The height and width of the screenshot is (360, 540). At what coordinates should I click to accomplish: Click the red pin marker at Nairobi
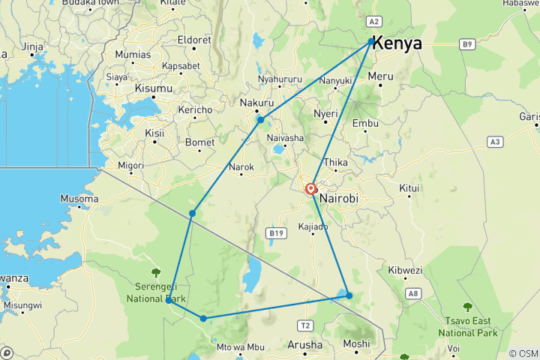tap(310, 189)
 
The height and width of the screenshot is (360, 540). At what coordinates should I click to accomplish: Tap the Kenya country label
tap(397, 43)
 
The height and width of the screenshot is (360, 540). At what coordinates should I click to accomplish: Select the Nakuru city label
tap(256, 103)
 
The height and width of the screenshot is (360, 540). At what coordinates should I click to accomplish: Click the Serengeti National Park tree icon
tap(156, 272)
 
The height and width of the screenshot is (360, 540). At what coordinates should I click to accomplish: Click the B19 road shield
tap(274, 233)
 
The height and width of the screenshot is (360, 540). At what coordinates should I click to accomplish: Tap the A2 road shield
tap(376, 22)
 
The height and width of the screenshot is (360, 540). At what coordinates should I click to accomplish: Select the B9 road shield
tap(468, 45)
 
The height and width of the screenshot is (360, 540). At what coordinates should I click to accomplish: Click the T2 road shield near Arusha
tap(304, 325)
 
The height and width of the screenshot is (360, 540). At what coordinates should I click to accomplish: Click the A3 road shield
tap(494, 141)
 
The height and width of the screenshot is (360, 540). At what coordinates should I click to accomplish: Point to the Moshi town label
tap(355, 345)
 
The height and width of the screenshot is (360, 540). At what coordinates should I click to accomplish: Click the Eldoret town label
tap(194, 40)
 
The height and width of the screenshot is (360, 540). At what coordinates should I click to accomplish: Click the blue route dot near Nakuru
tap(260, 120)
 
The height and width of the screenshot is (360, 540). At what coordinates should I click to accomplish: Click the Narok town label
tap(241, 178)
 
